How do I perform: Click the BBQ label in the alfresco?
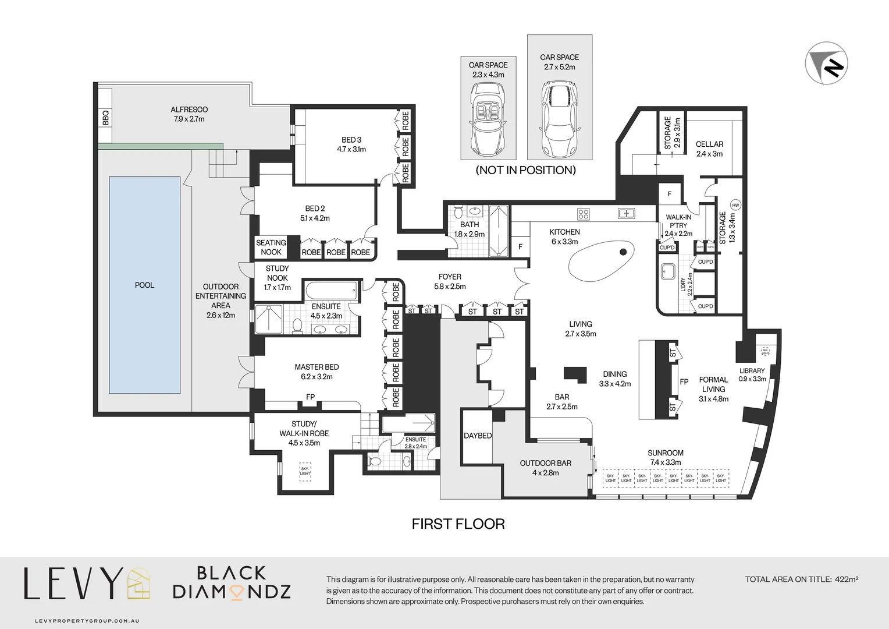coord(105,118)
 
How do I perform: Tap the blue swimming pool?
coord(144,285)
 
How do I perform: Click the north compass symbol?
coord(826,63)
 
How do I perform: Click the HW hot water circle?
coord(735,205)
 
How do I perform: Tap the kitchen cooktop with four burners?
coord(584,214)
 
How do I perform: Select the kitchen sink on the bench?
coord(626,213)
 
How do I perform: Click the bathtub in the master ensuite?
coord(331,289)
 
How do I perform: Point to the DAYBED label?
coord(478,436)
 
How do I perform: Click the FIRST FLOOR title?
coord(458,524)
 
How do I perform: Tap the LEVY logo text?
coord(73,584)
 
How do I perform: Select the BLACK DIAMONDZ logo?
coord(232,582)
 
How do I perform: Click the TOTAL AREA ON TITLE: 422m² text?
coord(802,579)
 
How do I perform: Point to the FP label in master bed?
coord(311,397)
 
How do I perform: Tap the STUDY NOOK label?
coord(277,278)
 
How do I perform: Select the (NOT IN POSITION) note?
coord(525,170)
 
